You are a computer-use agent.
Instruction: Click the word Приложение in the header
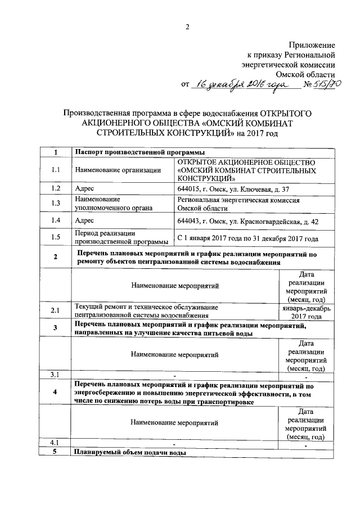312,44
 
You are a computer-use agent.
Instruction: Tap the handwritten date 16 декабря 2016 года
239,84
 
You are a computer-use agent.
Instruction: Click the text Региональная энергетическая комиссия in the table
238,200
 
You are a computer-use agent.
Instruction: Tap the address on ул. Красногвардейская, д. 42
247,221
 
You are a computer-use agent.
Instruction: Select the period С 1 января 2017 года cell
247,238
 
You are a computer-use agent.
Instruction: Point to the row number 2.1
55,310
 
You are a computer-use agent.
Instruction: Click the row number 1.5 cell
55,237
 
